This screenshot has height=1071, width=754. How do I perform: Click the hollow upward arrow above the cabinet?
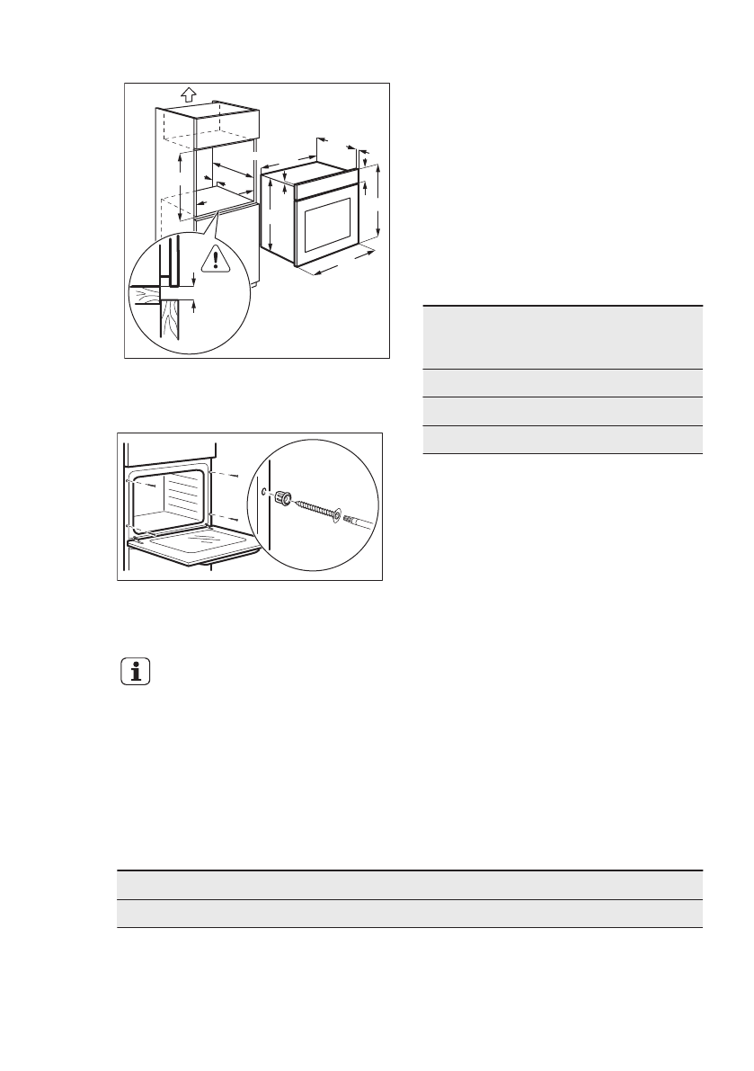tap(188, 94)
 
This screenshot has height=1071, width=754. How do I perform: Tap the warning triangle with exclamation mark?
tap(216, 260)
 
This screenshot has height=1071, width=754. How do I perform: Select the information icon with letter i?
tap(136, 673)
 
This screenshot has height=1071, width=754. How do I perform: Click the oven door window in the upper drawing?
tap(327, 225)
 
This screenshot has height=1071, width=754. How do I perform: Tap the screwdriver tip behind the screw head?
tap(355, 521)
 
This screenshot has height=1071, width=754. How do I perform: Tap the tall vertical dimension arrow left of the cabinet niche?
tap(180, 185)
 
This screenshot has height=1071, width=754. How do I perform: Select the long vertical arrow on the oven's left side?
tap(271, 214)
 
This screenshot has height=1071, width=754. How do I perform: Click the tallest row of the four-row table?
tap(562, 337)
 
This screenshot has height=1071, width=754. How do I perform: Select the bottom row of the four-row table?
tap(562, 440)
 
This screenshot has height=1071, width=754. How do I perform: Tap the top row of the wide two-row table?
tap(409, 885)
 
